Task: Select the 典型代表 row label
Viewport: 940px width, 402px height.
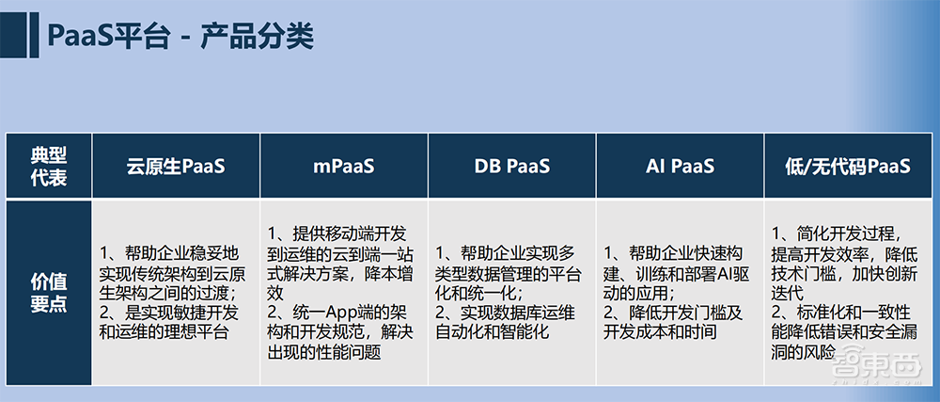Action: (49, 167)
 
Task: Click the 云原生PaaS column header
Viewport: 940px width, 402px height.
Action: (177, 167)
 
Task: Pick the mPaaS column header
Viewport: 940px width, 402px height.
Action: (344, 167)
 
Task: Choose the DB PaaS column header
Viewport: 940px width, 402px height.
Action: (511, 167)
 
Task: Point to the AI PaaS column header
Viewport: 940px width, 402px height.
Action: (680, 167)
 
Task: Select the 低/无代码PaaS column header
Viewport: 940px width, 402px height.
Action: (848, 167)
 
